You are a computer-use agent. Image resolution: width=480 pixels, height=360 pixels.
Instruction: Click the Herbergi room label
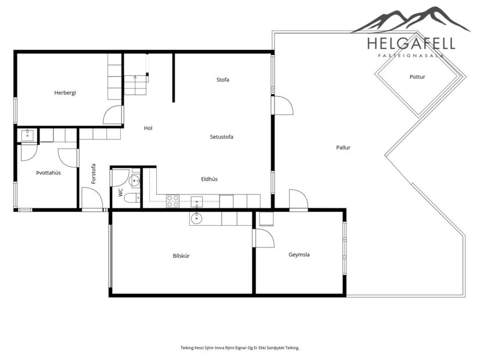click(65, 92)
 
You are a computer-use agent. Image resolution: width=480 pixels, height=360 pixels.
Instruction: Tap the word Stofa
click(222, 80)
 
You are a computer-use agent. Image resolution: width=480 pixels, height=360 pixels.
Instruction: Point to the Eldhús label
click(209, 179)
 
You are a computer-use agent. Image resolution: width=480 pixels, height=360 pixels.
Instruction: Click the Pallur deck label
click(343, 147)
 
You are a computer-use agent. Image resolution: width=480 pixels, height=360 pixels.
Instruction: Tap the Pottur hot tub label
click(417, 77)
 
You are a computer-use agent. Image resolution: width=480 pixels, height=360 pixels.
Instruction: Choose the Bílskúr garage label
click(181, 255)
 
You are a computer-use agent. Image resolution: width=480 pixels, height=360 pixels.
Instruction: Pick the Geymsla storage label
click(299, 254)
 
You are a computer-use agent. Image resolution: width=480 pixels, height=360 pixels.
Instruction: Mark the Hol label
click(148, 128)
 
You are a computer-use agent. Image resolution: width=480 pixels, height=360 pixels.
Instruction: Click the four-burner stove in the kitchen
click(172, 201)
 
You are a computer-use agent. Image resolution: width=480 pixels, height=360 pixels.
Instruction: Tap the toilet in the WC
click(131, 198)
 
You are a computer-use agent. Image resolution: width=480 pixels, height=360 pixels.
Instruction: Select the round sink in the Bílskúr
click(197, 218)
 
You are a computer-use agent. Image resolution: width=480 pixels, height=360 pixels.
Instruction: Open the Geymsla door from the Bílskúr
click(263, 238)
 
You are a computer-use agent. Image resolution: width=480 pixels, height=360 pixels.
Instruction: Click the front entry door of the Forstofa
click(92, 199)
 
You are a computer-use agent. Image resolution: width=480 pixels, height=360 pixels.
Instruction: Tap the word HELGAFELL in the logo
click(410, 44)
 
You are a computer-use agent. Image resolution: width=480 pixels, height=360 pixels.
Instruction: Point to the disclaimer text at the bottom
click(240, 347)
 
